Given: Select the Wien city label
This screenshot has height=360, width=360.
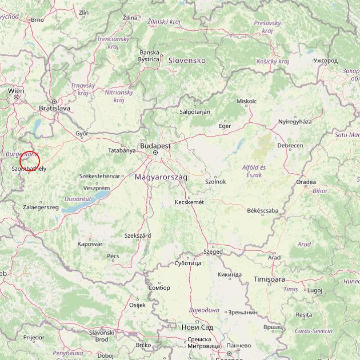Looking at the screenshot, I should point(16,90).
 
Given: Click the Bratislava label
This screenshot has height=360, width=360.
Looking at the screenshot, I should point(54,107).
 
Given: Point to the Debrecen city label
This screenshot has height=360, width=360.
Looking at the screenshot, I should point(290,146).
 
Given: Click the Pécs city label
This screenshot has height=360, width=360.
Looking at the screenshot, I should point(113,256).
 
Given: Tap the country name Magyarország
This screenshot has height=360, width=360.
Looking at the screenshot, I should point(161,178).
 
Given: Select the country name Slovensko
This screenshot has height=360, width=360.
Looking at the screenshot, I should point(186,60).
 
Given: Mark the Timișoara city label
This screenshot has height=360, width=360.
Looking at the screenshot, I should point(269,279).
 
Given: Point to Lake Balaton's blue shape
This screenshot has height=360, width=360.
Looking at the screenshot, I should point(86,201).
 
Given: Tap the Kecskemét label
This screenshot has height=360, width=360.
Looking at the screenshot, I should point(190,202).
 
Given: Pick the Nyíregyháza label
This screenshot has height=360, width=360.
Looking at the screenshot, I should point(295,122).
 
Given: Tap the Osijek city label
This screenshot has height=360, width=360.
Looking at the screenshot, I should point(138,305).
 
